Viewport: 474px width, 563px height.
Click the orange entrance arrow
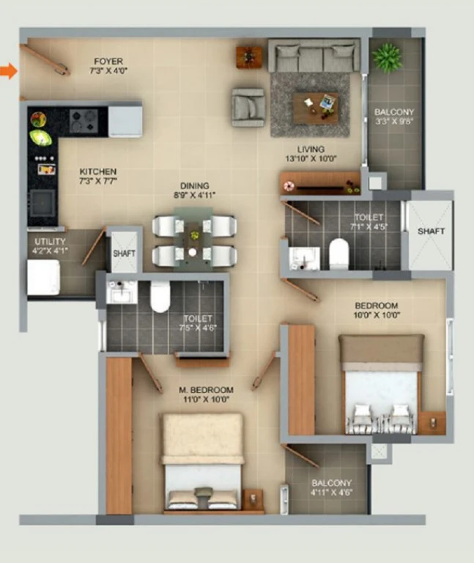tap(9, 70)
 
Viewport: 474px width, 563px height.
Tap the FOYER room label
tap(108, 62)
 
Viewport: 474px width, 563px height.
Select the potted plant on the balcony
tap(387, 57)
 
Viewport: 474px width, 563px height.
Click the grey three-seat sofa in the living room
tap(314, 56)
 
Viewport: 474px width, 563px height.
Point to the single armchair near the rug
tap(248, 107)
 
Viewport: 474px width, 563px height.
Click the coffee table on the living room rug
tap(316, 108)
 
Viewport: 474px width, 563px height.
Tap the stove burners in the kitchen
tap(84, 121)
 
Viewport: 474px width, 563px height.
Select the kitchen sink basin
tap(42, 203)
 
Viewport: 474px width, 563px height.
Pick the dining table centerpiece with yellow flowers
tap(194, 235)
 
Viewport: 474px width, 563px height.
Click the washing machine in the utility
tap(44, 277)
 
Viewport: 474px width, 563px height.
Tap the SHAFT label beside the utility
tap(124, 254)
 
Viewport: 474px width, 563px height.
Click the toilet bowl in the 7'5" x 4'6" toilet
tap(160, 297)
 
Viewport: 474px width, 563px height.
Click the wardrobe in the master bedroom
tap(119, 435)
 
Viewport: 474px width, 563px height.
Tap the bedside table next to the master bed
tap(253, 499)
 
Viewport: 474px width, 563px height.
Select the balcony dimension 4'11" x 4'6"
tap(332, 493)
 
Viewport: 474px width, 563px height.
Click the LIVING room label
tap(311, 150)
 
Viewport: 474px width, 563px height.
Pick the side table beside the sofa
tap(248, 56)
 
